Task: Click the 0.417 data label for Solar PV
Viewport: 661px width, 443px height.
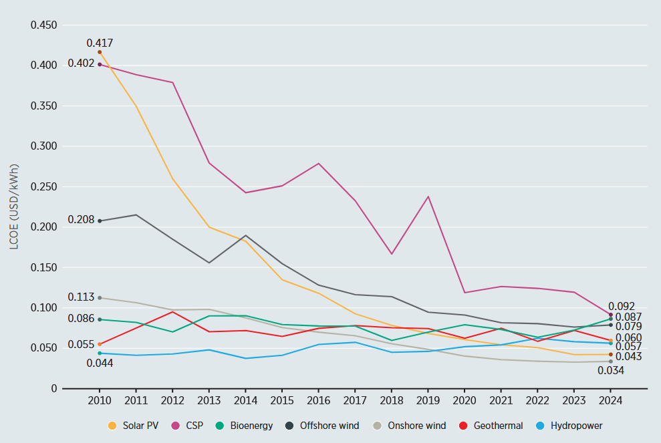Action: click(100, 43)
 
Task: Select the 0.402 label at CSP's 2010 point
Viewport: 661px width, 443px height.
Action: click(81, 63)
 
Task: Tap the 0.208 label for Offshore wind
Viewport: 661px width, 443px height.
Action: click(81, 220)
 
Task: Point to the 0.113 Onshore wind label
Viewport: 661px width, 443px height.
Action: click(81, 297)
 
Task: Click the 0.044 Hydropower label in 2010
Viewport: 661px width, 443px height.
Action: click(100, 363)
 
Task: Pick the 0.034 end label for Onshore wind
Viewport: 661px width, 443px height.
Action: click(611, 371)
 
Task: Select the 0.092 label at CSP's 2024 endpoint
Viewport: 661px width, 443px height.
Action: click(622, 307)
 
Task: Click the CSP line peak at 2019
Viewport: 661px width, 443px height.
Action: click(428, 196)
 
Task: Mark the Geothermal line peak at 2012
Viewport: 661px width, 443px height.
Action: click(172, 311)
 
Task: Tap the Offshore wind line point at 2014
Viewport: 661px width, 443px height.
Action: click(245, 235)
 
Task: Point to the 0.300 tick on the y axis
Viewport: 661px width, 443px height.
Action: click(44, 146)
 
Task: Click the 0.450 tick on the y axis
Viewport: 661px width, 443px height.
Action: click(44, 25)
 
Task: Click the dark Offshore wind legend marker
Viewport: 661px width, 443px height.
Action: click(289, 426)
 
